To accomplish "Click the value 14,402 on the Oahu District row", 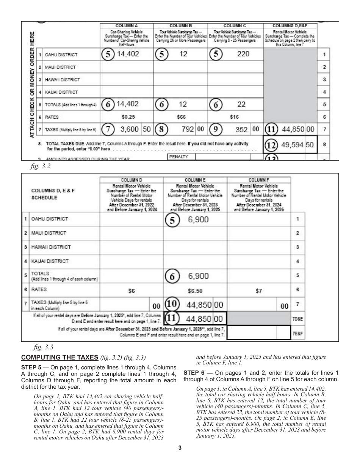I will click(128, 54).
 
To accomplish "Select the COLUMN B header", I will click(181, 25).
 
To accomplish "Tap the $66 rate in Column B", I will click(181, 117).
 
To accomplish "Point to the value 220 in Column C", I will click(243, 54).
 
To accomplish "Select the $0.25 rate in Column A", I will click(128, 117).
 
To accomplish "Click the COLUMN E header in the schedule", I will click(195, 180).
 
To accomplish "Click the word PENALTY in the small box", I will click(181, 156).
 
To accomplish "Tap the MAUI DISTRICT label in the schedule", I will click(48, 233).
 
